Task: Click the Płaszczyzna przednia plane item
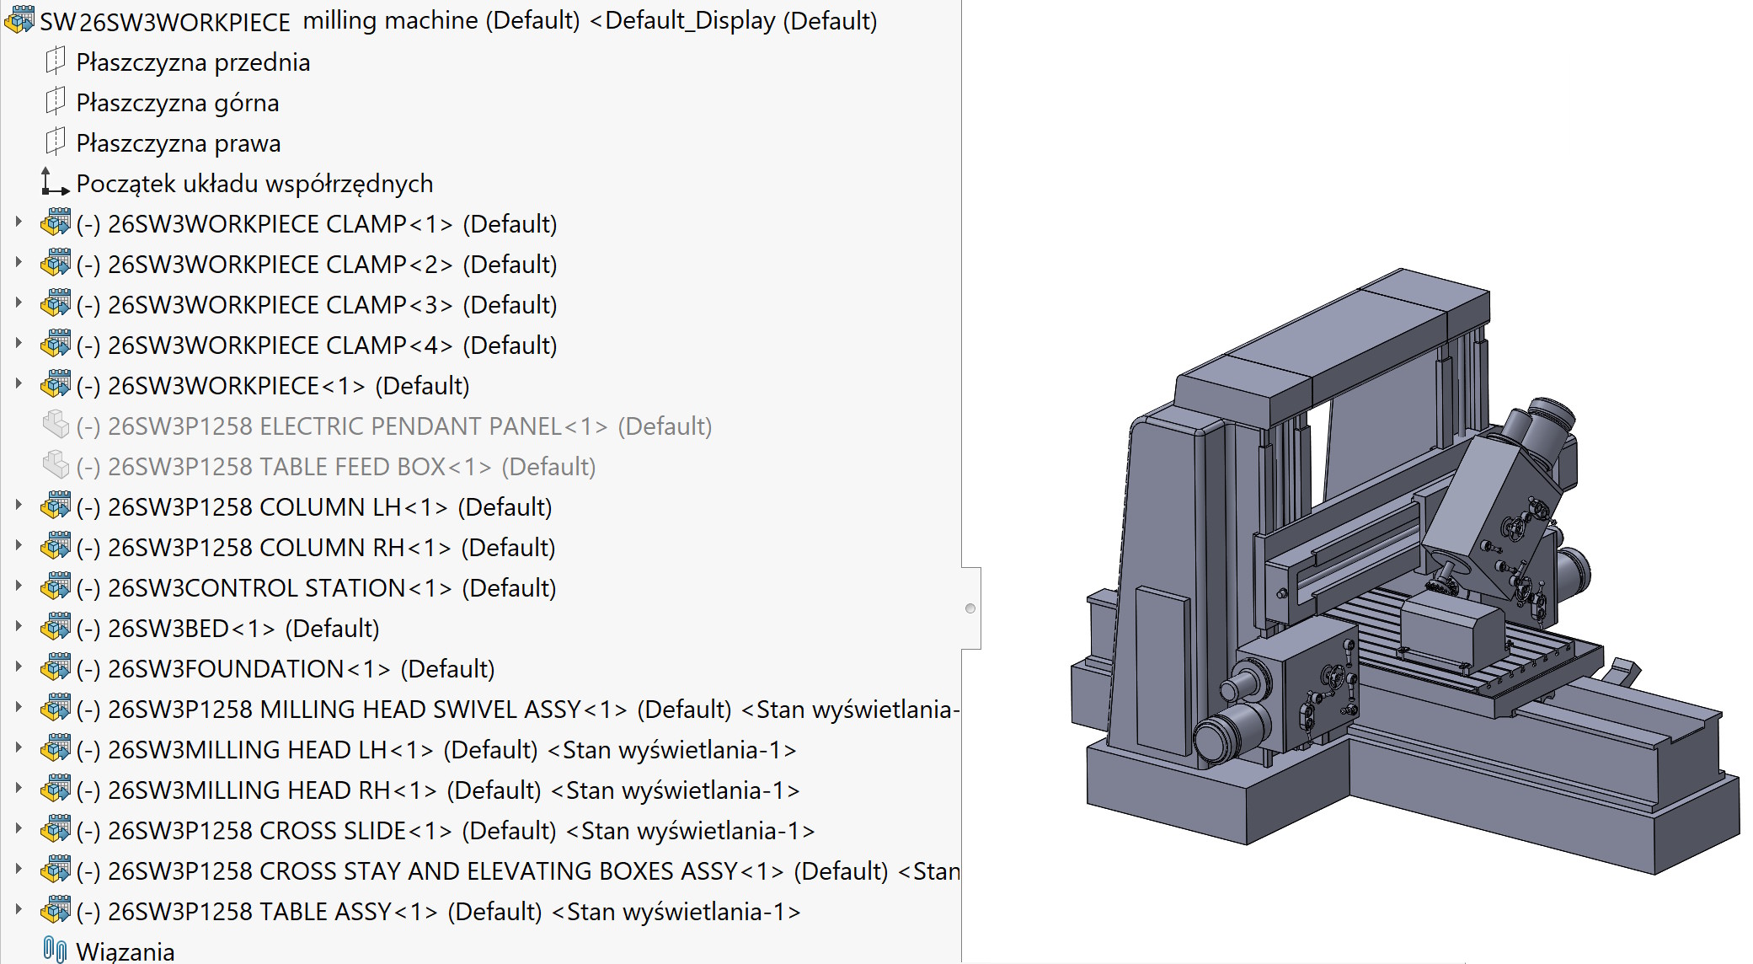click(192, 62)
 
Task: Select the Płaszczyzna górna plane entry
click(177, 103)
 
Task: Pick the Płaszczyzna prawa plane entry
click(178, 143)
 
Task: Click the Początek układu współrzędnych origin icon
click(55, 182)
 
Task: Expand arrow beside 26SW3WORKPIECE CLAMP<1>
click(19, 222)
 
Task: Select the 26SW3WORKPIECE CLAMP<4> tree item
click(332, 345)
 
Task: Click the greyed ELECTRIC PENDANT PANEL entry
click(393, 426)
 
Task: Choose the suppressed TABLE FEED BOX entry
click(335, 467)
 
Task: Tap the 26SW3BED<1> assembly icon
click(56, 628)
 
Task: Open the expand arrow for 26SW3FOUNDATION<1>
click(19, 667)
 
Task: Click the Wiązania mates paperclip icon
click(55, 950)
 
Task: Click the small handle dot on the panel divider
click(970, 608)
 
